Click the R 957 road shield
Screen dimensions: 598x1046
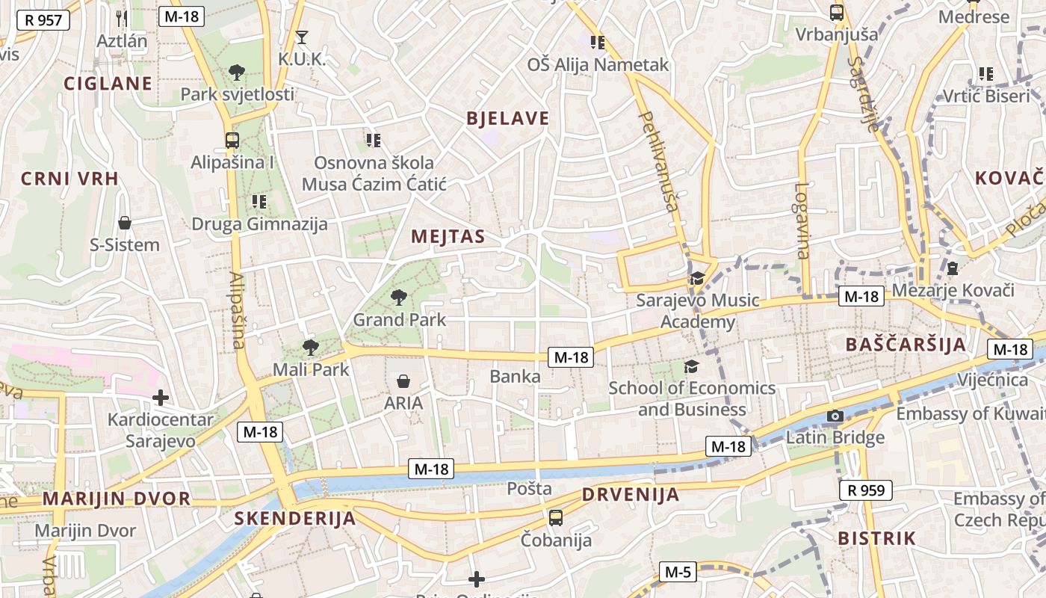coord(43,19)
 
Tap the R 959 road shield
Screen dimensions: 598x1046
coord(866,490)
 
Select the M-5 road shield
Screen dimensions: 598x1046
coord(678,573)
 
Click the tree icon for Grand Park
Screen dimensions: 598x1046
coord(399,298)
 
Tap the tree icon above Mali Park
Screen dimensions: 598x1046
coord(310,347)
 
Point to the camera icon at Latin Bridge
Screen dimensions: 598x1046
coord(835,416)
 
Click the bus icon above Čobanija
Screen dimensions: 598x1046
coord(556,517)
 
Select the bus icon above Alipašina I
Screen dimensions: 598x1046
coord(232,140)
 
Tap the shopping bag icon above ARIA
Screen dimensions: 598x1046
coord(403,381)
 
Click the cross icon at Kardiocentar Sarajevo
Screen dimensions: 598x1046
coord(160,398)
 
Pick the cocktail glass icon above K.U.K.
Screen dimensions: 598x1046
coord(302,37)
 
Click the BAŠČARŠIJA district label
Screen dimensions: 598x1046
coord(906,345)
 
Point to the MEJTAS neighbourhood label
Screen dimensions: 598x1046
coord(448,237)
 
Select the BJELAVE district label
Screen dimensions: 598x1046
coord(507,118)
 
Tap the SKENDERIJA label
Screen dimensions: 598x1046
coord(294,518)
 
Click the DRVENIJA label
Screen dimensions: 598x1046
coord(631,494)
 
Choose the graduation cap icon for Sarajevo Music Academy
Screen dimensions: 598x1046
coord(697,279)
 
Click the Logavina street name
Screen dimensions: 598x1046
coord(802,221)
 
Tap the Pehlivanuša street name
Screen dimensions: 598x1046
coord(660,161)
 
